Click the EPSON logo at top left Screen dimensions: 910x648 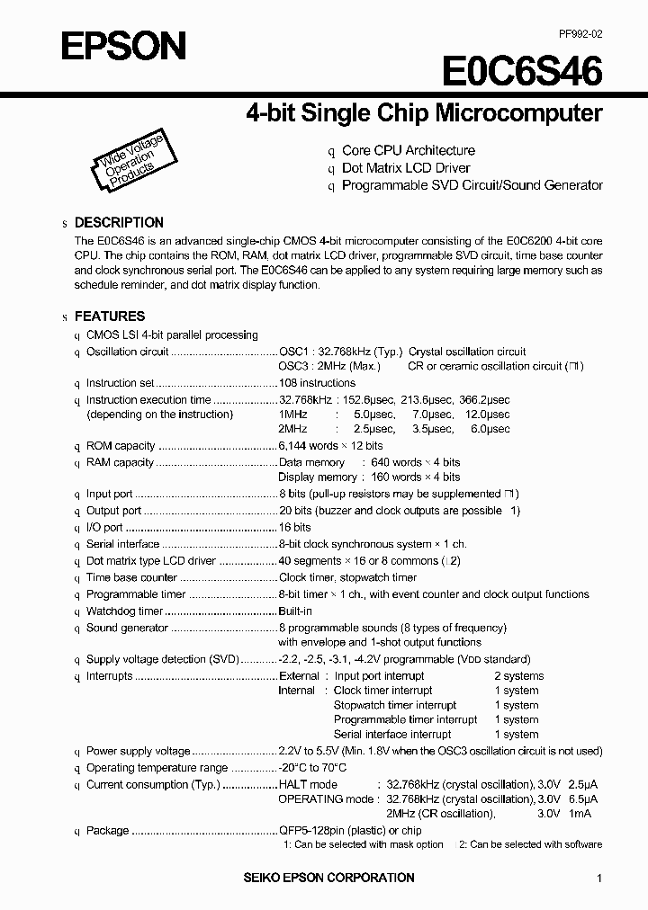[x=123, y=46]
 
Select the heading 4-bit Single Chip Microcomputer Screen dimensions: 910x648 [x=424, y=113]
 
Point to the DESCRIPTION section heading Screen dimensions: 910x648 [x=118, y=222]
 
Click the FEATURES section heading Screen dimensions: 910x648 [x=109, y=317]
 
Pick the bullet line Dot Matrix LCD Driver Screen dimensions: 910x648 [x=406, y=168]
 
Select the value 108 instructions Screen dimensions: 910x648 [x=317, y=383]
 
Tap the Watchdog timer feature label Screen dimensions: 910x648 [x=124, y=611]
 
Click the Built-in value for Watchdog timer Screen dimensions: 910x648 [x=294, y=611]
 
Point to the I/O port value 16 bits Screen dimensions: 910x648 [x=295, y=528]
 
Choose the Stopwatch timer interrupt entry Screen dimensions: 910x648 [x=394, y=705]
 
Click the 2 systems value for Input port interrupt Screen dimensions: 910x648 [x=518, y=676]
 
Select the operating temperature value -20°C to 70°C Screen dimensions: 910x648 [x=312, y=768]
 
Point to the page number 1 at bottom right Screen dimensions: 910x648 [x=598, y=879]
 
